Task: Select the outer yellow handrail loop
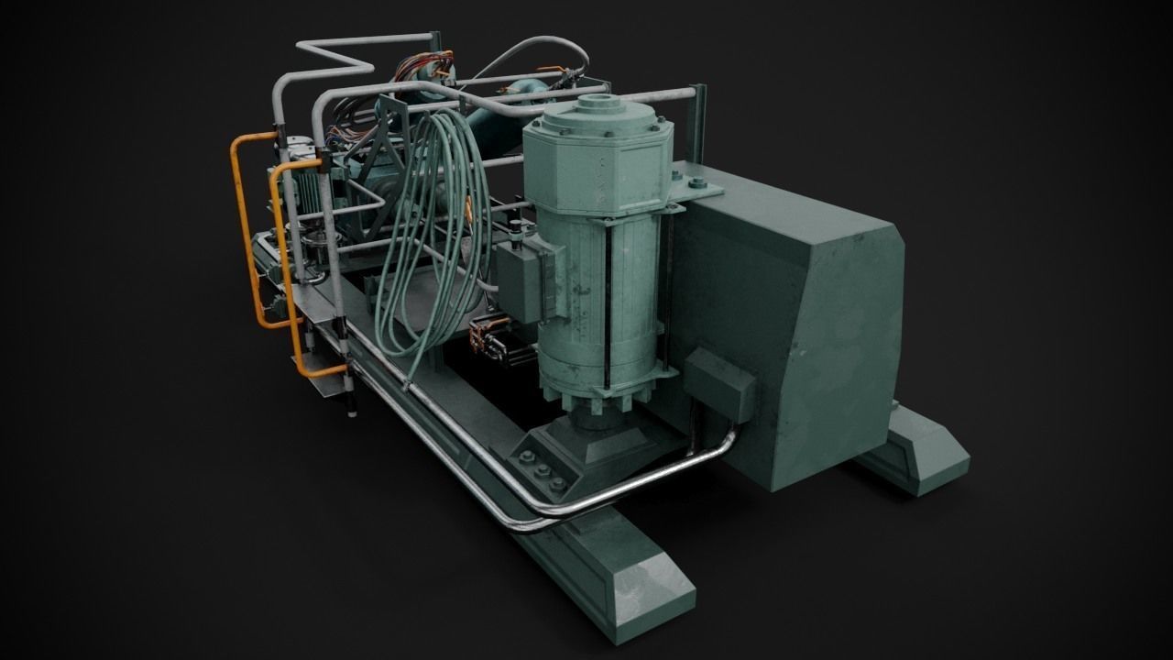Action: [x=240, y=229]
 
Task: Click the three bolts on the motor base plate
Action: [x=542, y=470]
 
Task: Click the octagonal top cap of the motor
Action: [x=596, y=156]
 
